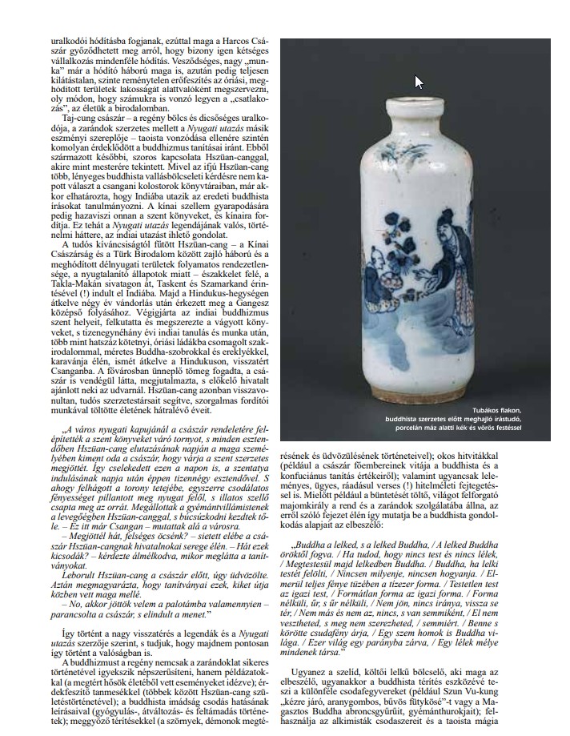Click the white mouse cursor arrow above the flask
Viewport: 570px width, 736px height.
pos(419,82)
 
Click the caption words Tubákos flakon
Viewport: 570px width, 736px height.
pos(490,409)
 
